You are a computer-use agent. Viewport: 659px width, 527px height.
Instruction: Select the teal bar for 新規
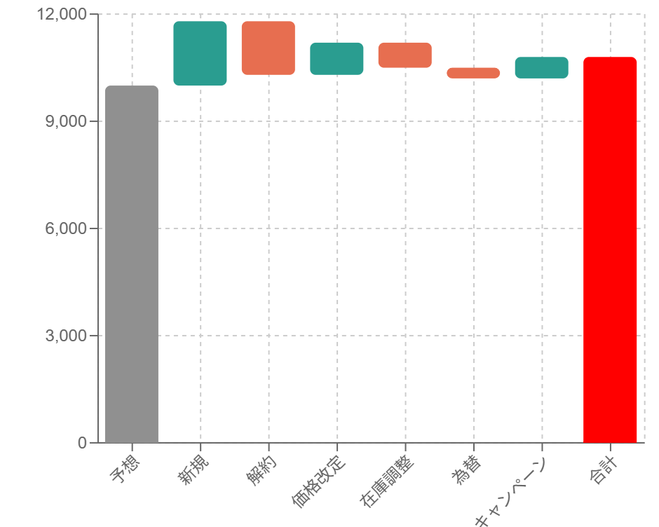pos(200,53)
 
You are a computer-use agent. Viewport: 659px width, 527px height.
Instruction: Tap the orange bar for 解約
pos(268,48)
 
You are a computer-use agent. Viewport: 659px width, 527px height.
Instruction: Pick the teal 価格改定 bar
pos(337,58)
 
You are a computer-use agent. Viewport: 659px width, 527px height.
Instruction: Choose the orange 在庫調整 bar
pos(405,55)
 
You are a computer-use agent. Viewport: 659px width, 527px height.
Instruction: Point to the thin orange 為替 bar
pos(473,73)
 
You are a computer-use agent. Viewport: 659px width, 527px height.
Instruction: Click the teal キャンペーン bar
pos(541,67)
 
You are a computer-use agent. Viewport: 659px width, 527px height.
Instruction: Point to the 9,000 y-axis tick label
pos(66,121)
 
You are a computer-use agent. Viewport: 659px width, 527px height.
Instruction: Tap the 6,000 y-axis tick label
pos(66,228)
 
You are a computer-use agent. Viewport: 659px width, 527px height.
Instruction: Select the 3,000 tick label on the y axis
pos(66,336)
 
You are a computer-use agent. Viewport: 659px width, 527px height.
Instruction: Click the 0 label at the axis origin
pos(83,443)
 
